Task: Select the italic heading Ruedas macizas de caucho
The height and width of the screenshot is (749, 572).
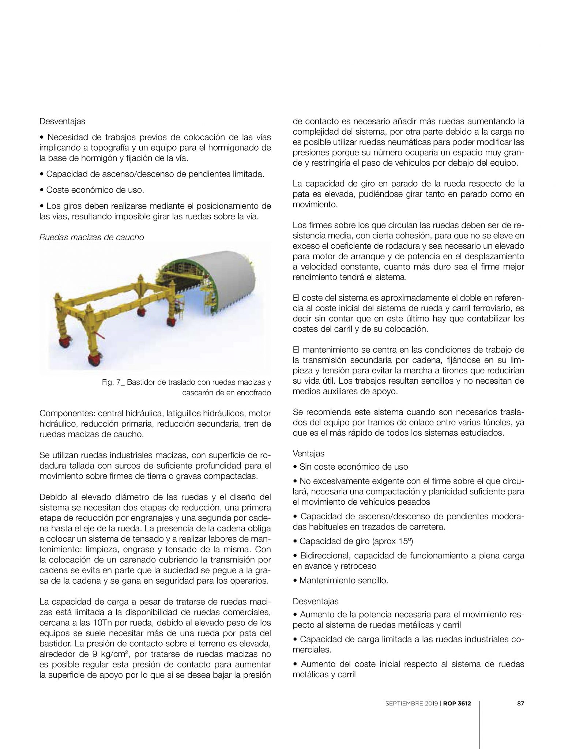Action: click(x=91, y=237)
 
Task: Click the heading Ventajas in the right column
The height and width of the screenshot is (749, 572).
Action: click(x=308, y=453)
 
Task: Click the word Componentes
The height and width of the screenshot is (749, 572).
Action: click(x=65, y=414)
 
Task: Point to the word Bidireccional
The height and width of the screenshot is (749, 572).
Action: click(x=324, y=556)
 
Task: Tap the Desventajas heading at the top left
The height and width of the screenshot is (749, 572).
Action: click(x=62, y=121)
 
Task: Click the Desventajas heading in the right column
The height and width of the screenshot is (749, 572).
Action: click(x=316, y=601)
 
